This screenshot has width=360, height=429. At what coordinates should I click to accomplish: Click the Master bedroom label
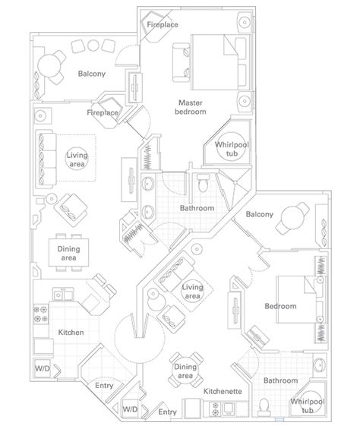point(191,107)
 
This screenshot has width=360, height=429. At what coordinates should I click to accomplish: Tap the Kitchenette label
point(223,392)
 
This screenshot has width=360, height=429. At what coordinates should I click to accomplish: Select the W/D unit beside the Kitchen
point(43,368)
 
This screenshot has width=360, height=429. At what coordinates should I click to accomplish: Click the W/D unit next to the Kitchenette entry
point(131,409)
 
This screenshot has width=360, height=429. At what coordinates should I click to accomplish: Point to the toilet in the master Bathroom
point(203,183)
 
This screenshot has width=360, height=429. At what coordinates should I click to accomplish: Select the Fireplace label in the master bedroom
point(163,24)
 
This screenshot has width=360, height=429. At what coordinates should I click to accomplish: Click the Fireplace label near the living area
point(103,112)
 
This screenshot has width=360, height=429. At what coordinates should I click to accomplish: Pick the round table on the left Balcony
point(49,65)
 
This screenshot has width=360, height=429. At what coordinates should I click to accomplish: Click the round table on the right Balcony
point(292,218)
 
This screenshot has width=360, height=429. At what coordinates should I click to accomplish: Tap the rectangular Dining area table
point(68,253)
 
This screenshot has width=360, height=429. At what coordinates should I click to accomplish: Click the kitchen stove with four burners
point(40,314)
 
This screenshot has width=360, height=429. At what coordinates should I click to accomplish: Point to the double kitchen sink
point(63,295)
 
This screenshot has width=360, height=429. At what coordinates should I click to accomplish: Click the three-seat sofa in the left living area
point(46,159)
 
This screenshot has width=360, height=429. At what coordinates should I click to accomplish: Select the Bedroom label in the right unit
point(280,306)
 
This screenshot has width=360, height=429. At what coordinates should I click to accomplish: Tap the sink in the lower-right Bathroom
point(320,364)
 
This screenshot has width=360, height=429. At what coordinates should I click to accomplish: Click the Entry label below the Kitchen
point(104,386)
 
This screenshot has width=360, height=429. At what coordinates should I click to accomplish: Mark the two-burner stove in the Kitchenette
point(216,408)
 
